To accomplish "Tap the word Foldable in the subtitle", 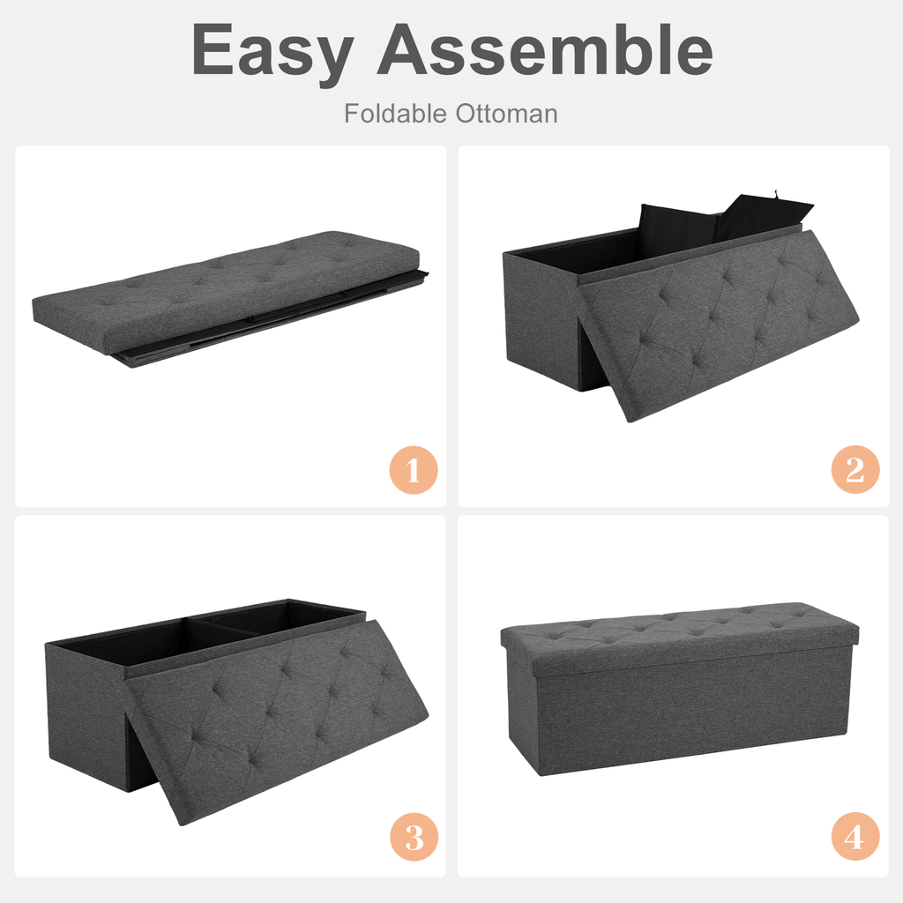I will pos(395,114).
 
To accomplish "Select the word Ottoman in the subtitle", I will pos(506,114).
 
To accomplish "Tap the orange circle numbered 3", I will pos(413,836).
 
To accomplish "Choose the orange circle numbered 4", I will pos(854,836).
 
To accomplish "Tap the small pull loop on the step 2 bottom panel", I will pos(777,192).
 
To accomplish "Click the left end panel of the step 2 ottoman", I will pos(540,317).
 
